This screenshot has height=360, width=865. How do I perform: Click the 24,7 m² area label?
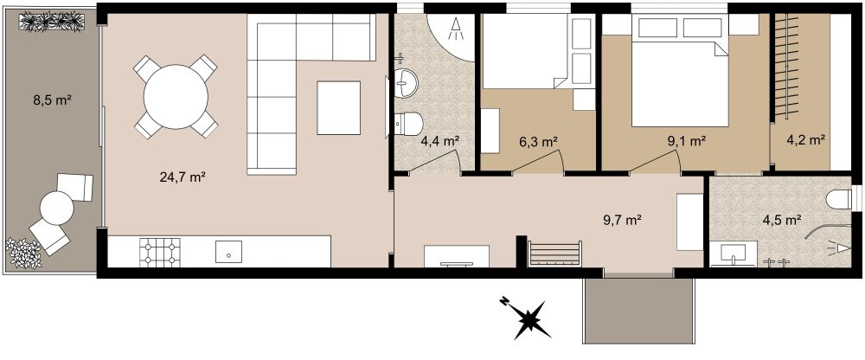pos(183,177)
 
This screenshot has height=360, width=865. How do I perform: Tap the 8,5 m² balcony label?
pos(54,100)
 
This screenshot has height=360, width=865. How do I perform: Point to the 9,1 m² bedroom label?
pos(687,141)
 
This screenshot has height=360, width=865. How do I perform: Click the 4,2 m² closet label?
pos(805,139)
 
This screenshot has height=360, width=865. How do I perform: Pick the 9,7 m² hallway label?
pos(622,221)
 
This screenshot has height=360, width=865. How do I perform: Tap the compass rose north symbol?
pos(529,318)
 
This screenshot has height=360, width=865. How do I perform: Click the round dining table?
pos(176,97)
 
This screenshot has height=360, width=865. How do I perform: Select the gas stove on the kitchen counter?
pos(160,253)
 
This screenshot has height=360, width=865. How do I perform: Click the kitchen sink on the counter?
pos(229,252)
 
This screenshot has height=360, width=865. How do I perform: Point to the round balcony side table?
pos(57,209)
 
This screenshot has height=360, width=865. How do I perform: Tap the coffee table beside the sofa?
pos(339,107)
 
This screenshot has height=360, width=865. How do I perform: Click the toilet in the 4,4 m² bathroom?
pos(409,124)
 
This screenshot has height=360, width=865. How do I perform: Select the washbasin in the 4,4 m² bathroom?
pos(406,84)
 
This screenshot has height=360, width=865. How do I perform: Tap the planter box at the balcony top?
pos(52,22)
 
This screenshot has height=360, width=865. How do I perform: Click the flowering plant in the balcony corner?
pos(23,254)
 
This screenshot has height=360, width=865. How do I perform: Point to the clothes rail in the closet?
pos(786,65)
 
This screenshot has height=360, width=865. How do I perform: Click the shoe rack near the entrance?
pos(554,254)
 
